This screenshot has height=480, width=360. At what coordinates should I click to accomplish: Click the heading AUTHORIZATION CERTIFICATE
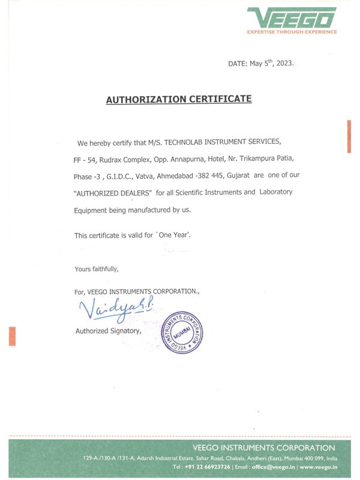pyautogui.click(x=179, y=99)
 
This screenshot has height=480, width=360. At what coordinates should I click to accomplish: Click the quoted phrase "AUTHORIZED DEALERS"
pyautogui.click(x=113, y=193)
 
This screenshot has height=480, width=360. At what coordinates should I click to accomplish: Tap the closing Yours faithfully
pyautogui.click(x=97, y=269)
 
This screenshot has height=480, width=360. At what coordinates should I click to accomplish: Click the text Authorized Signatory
pyautogui.click(x=108, y=331)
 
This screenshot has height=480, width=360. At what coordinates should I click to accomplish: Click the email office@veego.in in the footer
pyautogui.click(x=273, y=466)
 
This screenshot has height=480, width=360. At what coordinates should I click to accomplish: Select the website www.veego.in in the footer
pyautogui.click(x=318, y=466)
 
